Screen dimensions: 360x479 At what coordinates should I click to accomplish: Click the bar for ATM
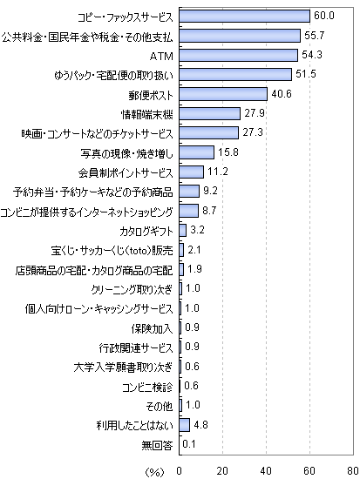coord(238,55)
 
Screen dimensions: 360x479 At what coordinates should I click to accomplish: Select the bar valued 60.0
coord(244,17)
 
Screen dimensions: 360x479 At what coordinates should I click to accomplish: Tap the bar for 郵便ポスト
coord(223,94)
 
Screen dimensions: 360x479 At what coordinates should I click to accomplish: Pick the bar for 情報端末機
coord(209,113)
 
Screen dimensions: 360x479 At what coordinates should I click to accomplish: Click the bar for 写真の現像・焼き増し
coord(196,152)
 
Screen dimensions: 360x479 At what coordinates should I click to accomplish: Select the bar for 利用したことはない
coord(185,425)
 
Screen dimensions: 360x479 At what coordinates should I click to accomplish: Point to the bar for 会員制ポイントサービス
coord(192,172)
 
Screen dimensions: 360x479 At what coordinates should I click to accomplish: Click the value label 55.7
coord(314,36)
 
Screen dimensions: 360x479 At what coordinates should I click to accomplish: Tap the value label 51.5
coord(306,74)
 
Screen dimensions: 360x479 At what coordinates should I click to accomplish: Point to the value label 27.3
coord(253,133)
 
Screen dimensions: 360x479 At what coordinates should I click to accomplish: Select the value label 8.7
coord(209,211)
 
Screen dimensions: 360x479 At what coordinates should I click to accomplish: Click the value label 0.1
coord(189,444)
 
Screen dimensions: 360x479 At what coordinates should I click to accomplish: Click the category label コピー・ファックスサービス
coord(126,17)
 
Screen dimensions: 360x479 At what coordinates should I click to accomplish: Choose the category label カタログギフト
coord(146,232)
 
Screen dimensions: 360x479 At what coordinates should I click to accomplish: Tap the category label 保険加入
coord(152,329)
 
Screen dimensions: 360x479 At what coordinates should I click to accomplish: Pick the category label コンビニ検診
coord(147,388)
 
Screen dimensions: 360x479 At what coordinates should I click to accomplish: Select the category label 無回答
coord(157,446)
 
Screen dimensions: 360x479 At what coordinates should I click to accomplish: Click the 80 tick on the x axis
coord(353,471)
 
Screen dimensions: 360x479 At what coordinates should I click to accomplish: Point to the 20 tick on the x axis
coord(222,471)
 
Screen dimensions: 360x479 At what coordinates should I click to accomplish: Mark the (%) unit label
coord(154,472)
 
